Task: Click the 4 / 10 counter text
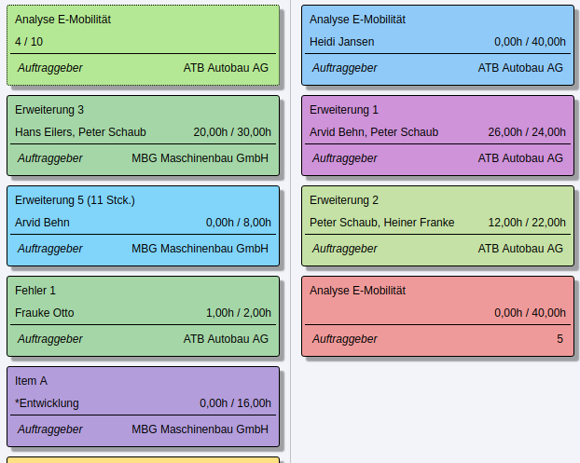[29, 42]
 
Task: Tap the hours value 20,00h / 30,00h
[232, 132]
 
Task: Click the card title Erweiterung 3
[49, 110]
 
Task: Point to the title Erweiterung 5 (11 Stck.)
[75, 200]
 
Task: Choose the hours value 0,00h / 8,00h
[239, 223]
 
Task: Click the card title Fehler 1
[35, 291]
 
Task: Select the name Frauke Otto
[44, 313]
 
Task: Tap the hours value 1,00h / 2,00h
[239, 313]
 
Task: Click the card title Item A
[31, 381]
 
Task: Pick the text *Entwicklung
[47, 403]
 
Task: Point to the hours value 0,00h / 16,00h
[235, 403]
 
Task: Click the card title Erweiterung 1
[344, 110]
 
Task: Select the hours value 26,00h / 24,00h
[527, 132]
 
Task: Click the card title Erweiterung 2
[344, 200]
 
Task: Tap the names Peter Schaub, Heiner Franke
[381, 223]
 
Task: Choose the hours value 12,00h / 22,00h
[527, 223]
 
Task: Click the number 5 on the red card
[559, 339]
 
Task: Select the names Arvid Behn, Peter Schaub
[373, 132]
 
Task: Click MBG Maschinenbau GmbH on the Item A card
[200, 429]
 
